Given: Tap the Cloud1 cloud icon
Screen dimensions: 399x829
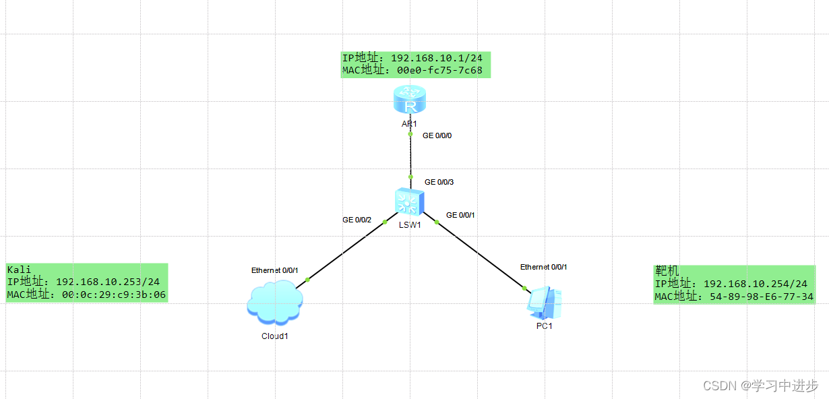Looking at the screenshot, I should (274, 304).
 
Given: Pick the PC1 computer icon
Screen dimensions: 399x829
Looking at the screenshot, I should (544, 303).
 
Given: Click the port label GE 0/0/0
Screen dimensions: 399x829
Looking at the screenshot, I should (437, 135).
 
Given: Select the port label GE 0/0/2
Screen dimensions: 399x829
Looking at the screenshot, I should (357, 220).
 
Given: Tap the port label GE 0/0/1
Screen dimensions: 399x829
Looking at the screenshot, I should (460, 215).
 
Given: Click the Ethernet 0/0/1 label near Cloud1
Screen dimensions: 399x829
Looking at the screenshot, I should (275, 270).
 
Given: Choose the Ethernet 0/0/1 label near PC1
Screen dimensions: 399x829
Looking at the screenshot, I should (543, 267).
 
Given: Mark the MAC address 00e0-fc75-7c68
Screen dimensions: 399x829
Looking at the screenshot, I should (439, 70).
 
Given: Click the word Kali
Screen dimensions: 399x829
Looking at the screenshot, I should (19, 270).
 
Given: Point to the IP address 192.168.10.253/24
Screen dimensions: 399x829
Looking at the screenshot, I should (108, 282).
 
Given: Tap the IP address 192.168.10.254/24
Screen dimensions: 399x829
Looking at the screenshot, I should (756, 284).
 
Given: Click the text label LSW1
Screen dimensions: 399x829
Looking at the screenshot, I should (410, 225).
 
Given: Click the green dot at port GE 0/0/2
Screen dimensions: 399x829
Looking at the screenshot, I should (385, 222).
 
